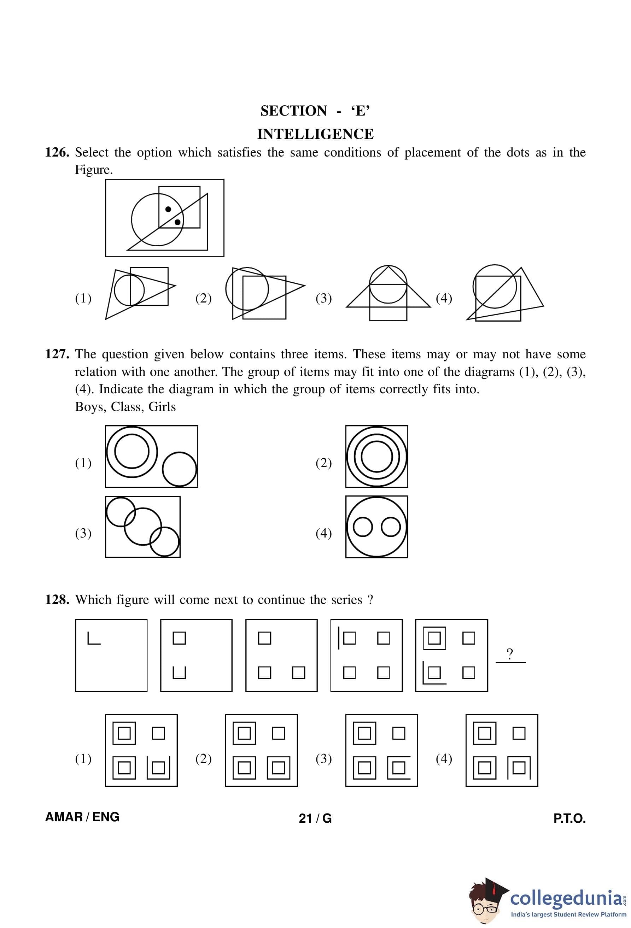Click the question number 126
click(58, 153)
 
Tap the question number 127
click(58, 354)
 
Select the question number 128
click(58, 600)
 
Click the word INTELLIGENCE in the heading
click(315, 134)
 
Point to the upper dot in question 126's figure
click(168, 209)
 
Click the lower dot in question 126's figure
click(178, 222)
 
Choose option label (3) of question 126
click(323, 298)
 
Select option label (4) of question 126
click(444, 298)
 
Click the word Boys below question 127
click(89, 407)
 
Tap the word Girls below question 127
click(162, 407)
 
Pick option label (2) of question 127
click(323, 463)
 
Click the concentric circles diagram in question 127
click(376, 457)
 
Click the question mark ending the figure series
click(510, 654)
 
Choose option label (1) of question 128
click(83, 758)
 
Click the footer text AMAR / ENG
click(82, 817)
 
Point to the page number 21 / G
click(315, 818)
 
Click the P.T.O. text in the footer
click(569, 818)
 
